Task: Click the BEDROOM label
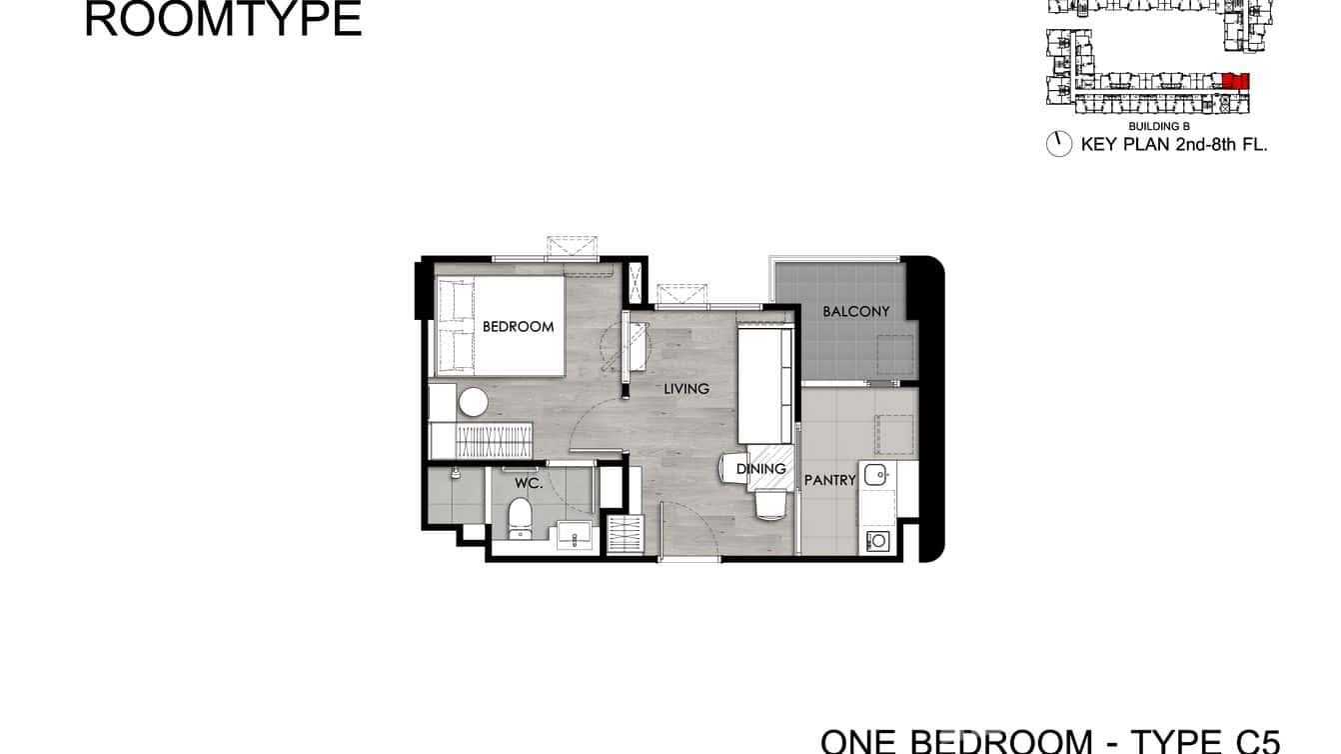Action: tap(518, 326)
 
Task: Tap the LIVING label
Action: tap(686, 388)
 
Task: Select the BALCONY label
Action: tap(855, 311)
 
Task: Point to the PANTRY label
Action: tap(830, 480)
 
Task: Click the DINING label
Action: tap(761, 468)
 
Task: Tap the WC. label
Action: tap(529, 483)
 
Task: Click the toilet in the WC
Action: tap(518, 517)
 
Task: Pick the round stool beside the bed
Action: tap(473, 402)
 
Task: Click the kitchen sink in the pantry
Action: tap(876, 474)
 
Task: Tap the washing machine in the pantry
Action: tap(878, 541)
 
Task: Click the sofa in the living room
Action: tap(766, 386)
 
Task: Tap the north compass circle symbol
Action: tap(1059, 144)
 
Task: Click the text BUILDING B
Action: tap(1158, 127)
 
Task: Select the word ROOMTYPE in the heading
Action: tap(223, 20)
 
